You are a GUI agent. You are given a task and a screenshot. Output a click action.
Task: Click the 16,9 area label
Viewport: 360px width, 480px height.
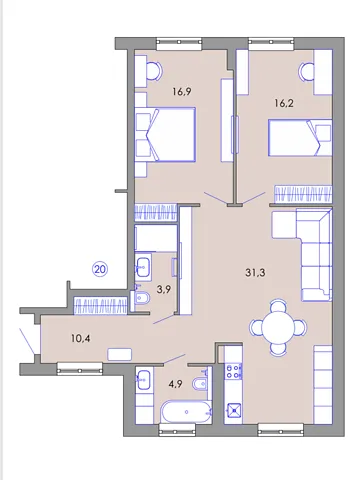[x=182, y=91]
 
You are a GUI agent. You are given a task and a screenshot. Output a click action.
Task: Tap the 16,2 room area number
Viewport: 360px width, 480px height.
[x=284, y=103]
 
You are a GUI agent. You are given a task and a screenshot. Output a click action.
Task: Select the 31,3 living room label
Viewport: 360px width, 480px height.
[x=255, y=273]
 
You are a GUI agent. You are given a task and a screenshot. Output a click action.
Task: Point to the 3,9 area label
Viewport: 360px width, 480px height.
[x=164, y=289]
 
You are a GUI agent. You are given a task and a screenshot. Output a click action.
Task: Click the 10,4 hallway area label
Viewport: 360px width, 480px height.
[x=81, y=339]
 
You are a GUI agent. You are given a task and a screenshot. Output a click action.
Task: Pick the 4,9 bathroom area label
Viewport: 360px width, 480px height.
[x=175, y=384]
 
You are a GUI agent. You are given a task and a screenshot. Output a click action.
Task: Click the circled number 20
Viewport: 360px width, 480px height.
[x=100, y=269]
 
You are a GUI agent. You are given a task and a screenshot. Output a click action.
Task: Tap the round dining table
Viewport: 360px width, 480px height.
[x=278, y=327]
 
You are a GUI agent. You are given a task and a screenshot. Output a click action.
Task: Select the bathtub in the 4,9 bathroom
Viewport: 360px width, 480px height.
[x=186, y=412]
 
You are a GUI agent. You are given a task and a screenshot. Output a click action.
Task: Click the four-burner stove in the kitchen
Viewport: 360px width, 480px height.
[x=234, y=371]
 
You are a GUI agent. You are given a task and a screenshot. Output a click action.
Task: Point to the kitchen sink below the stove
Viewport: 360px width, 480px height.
[x=233, y=410]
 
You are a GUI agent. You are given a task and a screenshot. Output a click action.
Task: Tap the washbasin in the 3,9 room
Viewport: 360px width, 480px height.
[x=143, y=265]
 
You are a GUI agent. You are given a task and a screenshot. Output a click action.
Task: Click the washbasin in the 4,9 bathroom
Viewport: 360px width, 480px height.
[x=144, y=380]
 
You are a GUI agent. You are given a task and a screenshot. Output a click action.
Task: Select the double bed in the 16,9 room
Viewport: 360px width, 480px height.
[x=165, y=135]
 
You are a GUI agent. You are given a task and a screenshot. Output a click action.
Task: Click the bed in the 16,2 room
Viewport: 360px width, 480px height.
[x=300, y=138]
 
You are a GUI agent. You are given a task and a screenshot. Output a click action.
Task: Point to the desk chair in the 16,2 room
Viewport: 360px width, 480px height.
[x=306, y=72]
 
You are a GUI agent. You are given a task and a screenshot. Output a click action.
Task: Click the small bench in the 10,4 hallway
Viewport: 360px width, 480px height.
[x=120, y=354]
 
